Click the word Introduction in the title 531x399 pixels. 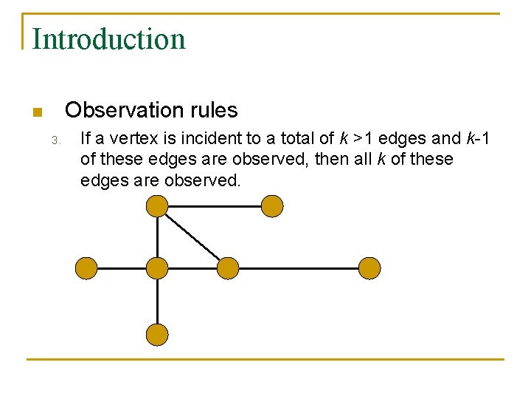point(108,38)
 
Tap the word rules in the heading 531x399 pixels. point(215,110)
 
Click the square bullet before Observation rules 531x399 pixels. point(36,112)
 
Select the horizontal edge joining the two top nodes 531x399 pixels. point(214,206)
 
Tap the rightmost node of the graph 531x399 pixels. point(369,268)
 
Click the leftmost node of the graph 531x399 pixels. point(86,268)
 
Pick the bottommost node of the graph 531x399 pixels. point(157,334)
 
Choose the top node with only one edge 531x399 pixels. point(272,206)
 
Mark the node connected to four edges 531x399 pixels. point(157,268)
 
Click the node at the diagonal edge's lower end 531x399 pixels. point(228,268)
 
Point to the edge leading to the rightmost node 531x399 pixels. point(299,268)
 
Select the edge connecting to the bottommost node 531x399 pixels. point(157,301)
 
